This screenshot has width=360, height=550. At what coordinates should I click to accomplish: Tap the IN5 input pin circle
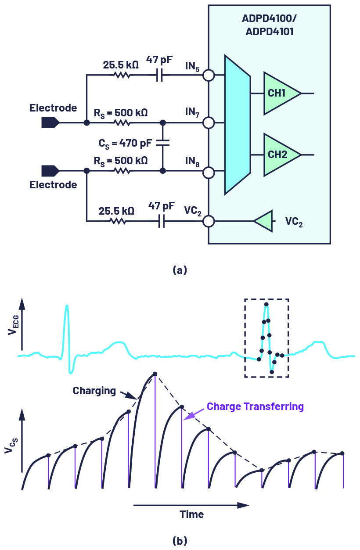tap(209, 75)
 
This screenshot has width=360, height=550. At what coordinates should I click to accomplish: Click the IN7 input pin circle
tap(209, 122)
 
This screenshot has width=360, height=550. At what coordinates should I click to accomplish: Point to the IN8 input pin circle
tap(209, 173)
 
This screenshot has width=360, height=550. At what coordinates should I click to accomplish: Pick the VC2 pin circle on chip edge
tap(209, 221)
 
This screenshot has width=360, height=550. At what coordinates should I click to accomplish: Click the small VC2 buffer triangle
tap(263, 221)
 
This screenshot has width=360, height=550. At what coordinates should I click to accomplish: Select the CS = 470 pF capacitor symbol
tap(162, 143)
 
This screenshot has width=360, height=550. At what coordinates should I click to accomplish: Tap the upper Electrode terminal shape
tap(50, 122)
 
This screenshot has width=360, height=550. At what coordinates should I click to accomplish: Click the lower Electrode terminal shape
tap(50, 171)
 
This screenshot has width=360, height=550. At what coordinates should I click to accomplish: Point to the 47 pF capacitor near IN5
tap(160, 75)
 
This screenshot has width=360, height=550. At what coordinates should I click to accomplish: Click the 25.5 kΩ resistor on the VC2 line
tap(118, 221)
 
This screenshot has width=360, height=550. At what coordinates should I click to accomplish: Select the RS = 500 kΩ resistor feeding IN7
tap(122, 122)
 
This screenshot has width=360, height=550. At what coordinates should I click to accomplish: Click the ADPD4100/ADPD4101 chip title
tap(270, 25)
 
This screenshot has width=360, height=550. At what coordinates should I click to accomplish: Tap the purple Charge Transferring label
tap(255, 406)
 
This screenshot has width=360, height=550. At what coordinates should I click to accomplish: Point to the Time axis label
tap(192, 514)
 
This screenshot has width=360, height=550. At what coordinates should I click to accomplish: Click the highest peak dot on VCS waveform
tap(155, 374)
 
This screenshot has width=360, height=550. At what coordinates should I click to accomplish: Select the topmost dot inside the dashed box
tap(266, 305)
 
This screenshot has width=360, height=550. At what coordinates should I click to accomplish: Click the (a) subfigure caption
tap(180, 270)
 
